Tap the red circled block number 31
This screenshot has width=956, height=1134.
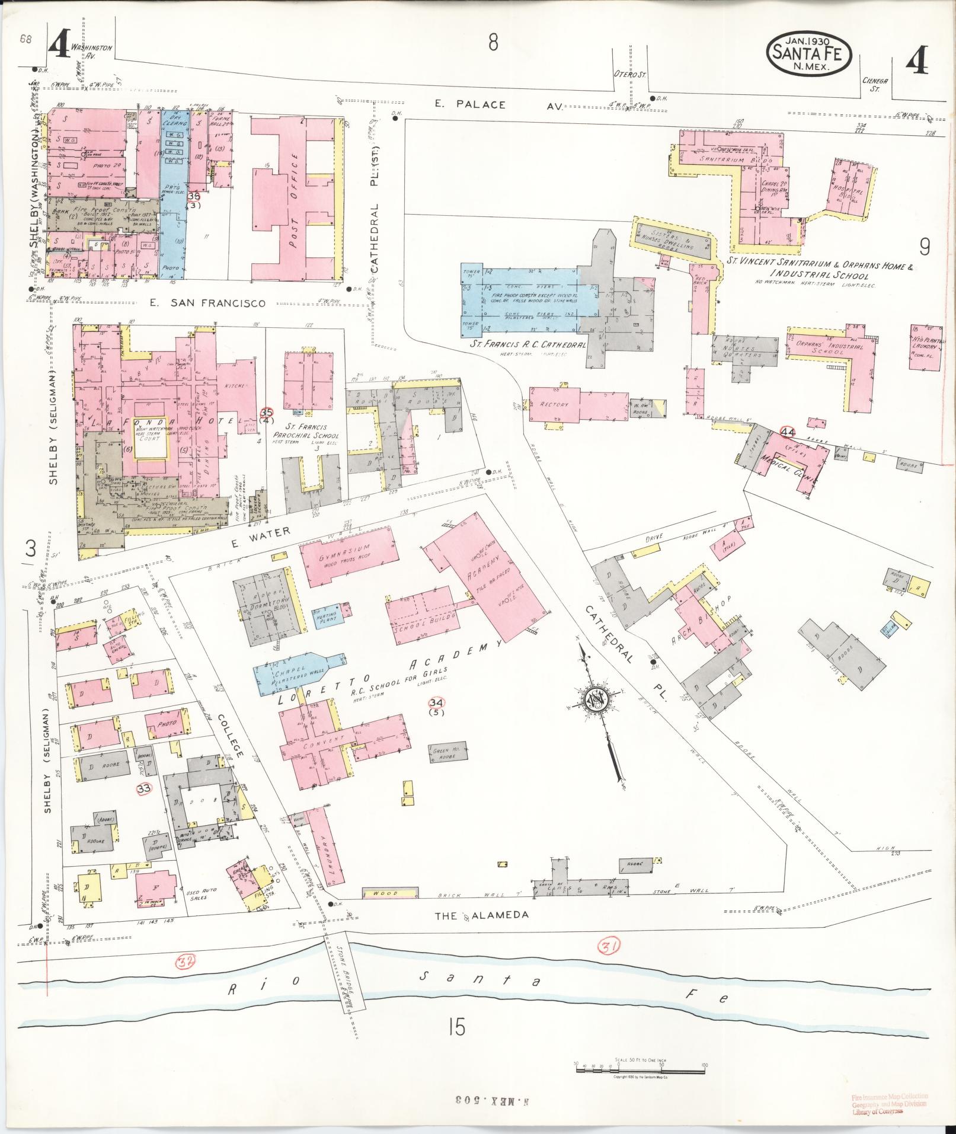[610, 947]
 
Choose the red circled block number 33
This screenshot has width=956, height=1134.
[143, 788]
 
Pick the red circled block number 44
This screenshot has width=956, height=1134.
[788, 432]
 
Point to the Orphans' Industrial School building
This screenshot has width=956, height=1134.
[827, 347]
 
